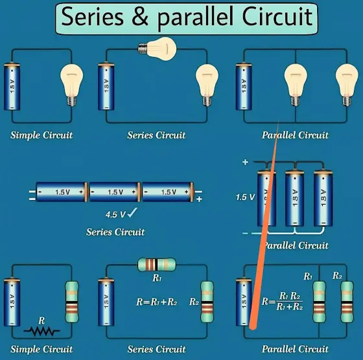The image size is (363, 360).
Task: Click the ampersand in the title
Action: [x=140, y=17]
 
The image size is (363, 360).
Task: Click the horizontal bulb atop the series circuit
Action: [x=157, y=49]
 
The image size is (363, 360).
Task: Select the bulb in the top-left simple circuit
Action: [x=71, y=85]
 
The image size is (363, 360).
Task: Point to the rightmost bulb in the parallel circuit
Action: [x=347, y=85]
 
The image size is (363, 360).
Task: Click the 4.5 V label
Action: [x=115, y=214]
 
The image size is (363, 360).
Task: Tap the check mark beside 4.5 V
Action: [x=132, y=212]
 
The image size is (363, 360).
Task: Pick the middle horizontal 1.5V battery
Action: [x=115, y=192]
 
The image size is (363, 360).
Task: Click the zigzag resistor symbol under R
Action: [x=41, y=332]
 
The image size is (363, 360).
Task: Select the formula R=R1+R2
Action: [x=156, y=302]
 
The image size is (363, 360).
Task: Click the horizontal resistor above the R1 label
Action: [x=157, y=265]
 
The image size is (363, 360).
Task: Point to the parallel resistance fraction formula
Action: [x=282, y=301]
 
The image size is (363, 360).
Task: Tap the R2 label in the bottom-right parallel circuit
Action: [x=337, y=276]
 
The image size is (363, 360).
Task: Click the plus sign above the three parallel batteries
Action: [x=245, y=162]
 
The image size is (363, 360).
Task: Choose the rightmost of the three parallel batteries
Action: [x=323, y=198]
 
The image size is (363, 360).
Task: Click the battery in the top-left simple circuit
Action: [x=12, y=86]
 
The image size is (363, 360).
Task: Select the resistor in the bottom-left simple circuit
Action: [x=72, y=302]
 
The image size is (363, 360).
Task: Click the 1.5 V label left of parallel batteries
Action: [x=245, y=197]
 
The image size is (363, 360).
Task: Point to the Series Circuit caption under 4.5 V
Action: [x=115, y=232]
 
